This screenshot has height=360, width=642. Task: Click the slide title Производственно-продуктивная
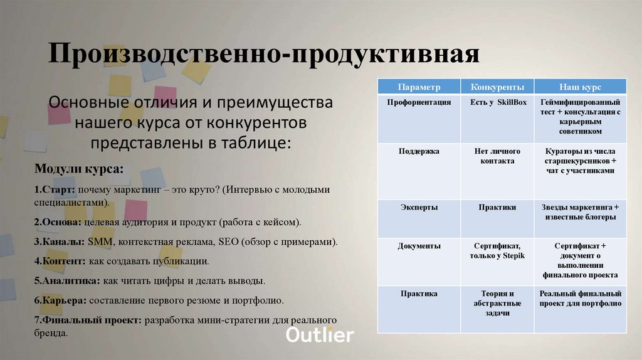(x=264, y=55)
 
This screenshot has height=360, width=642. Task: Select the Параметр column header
(x=419, y=87)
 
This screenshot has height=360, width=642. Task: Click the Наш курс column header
(x=580, y=87)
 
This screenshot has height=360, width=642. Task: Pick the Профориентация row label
(x=419, y=102)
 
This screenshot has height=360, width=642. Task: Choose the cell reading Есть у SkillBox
(x=498, y=102)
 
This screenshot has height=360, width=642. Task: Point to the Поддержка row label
(x=419, y=151)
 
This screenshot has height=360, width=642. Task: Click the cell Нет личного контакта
(x=498, y=156)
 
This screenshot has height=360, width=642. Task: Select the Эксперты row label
(x=419, y=207)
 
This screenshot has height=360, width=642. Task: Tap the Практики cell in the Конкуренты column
(x=498, y=207)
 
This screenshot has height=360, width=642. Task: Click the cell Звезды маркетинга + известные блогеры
(x=580, y=212)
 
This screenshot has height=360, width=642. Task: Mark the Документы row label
(x=419, y=246)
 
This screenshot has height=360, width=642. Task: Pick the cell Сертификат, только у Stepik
(x=498, y=251)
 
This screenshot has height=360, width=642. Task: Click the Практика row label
(x=419, y=294)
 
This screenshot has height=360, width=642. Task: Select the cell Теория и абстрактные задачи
(x=498, y=303)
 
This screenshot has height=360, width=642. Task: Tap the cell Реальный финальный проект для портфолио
(x=580, y=299)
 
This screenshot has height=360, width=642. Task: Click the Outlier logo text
(x=320, y=335)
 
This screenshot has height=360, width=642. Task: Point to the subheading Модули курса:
(x=78, y=169)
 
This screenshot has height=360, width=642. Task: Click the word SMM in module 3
(x=99, y=241)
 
